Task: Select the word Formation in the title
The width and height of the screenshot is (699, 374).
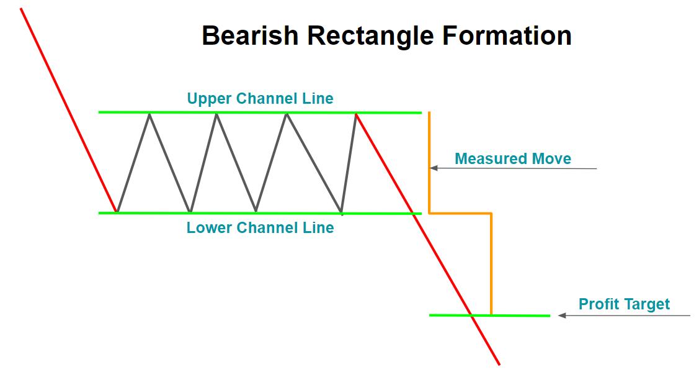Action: [x=507, y=35]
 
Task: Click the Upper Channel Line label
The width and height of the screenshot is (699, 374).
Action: [x=260, y=98]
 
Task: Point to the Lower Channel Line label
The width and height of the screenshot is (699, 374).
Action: [x=260, y=228]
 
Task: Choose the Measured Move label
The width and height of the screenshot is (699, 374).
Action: [x=513, y=158]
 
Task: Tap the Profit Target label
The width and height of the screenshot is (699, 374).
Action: [x=624, y=304]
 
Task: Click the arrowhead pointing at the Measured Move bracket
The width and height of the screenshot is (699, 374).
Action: [x=434, y=168]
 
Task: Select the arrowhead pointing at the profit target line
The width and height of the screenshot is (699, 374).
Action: [x=562, y=316]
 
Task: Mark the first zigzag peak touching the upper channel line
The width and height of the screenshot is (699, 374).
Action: [x=149, y=113]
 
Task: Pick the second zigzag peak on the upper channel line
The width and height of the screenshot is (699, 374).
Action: [x=216, y=113]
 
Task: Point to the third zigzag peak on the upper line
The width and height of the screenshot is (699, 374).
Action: [x=286, y=113]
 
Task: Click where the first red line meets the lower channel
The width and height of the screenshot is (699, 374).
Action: [x=116, y=212]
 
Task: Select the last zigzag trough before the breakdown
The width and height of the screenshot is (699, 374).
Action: [x=341, y=212]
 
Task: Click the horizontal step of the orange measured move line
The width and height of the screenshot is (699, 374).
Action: [x=460, y=213]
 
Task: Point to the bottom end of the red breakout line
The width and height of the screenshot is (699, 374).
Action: [x=499, y=364]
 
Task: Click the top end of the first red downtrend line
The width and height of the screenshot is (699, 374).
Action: [x=22, y=9]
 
